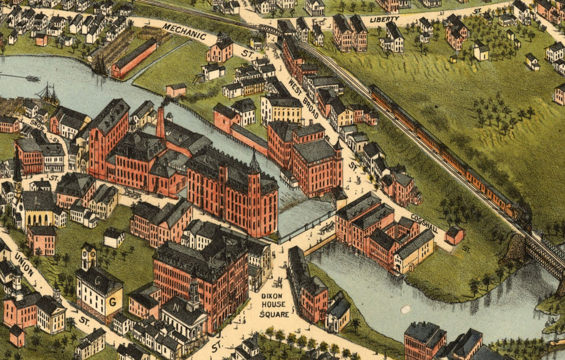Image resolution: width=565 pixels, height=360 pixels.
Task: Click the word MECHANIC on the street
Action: pos(184,33)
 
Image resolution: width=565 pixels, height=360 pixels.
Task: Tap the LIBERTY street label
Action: pos(384,19)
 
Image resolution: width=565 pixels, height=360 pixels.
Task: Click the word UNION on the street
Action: pos(25,262)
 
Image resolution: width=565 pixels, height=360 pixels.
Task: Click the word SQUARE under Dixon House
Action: pos(274,314)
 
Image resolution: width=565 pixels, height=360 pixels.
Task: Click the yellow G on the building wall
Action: pos(113,300)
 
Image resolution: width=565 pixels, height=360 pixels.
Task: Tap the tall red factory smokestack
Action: pos(161,123)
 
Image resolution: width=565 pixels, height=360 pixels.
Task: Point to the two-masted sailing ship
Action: pos(49,94)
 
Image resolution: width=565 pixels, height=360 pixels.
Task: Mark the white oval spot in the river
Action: pos(406,309)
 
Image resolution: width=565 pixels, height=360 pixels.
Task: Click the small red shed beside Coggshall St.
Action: pos(455,235)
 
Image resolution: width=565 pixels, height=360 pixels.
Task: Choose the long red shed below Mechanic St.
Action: pos(134,59)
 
